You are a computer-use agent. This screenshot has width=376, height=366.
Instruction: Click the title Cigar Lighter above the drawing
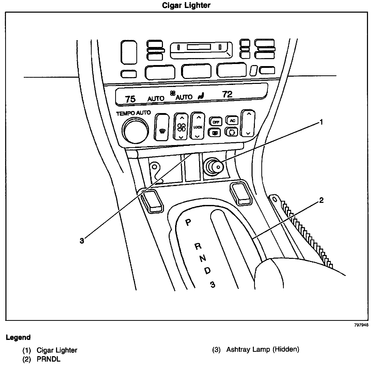click(x=186, y=5)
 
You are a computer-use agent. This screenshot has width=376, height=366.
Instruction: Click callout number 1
click(x=321, y=122)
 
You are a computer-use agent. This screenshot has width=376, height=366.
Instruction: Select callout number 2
click(x=321, y=200)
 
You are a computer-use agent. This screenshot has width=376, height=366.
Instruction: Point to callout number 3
click(x=82, y=241)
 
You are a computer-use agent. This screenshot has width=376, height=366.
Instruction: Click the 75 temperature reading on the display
click(x=130, y=99)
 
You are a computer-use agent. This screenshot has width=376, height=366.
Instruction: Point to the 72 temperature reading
click(x=227, y=94)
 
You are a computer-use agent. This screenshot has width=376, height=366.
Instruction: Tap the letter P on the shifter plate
click(x=189, y=222)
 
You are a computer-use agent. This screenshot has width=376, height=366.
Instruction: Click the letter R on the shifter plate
click(x=198, y=246)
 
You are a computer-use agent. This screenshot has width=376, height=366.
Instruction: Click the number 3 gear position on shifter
click(x=213, y=284)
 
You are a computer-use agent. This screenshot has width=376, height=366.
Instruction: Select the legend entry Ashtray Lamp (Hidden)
click(x=263, y=350)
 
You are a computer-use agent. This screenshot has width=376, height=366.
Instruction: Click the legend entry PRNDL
click(x=49, y=359)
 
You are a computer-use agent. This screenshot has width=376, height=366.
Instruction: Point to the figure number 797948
click(x=361, y=325)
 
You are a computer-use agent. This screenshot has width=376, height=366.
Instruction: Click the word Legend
click(x=18, y=337)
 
